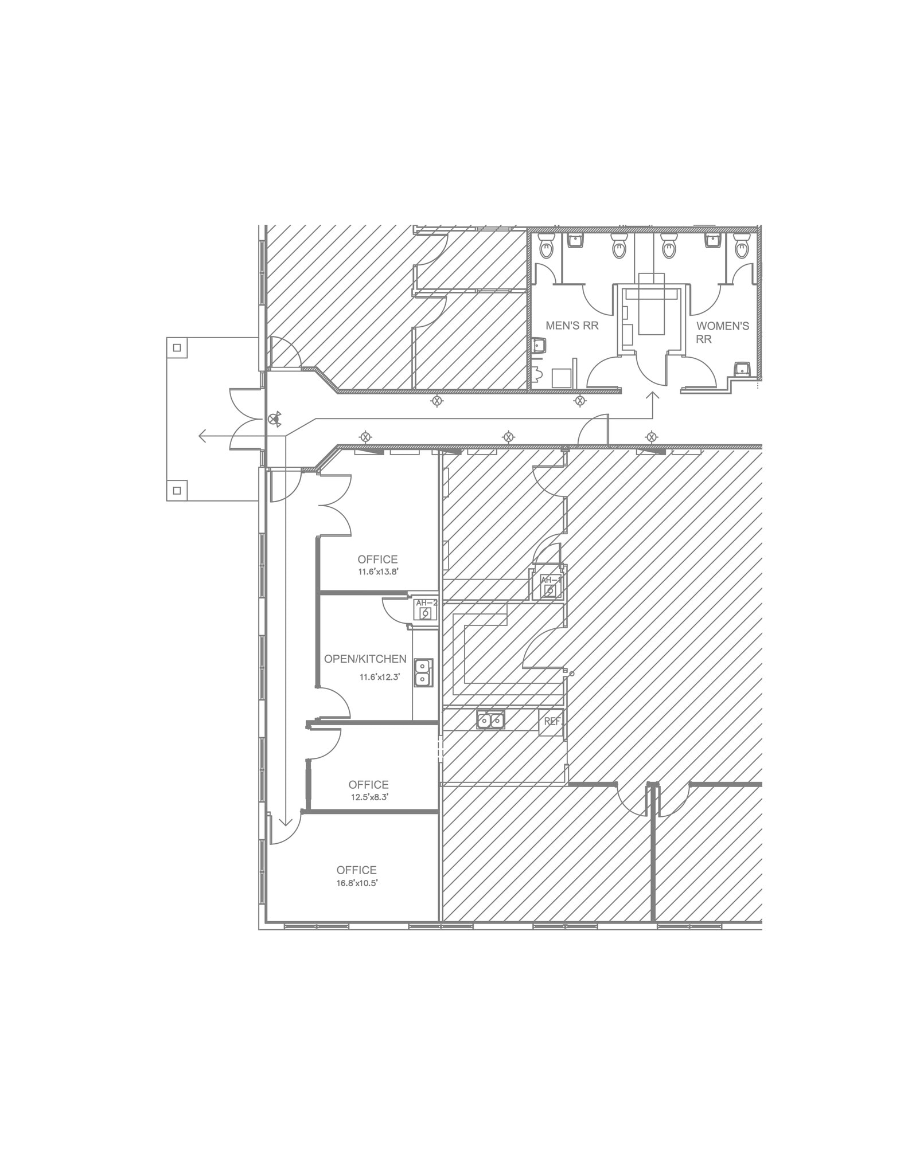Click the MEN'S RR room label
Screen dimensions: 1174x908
point(572,326)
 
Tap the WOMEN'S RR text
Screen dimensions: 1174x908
point(722,332)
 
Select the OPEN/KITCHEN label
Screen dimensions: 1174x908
point(365,659)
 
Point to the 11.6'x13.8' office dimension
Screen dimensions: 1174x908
point(378,572)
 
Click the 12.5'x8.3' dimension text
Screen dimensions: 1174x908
point(370,797)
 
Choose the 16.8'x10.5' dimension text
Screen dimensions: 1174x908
point(357,883)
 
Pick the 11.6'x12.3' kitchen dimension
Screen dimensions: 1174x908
point(379,677)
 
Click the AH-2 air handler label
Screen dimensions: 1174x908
point(426,603)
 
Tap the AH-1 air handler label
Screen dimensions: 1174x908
point(551,580)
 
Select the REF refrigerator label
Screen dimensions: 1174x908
point(552,721)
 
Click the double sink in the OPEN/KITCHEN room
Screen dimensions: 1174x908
point(423,672)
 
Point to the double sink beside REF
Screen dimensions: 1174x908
point(490,719)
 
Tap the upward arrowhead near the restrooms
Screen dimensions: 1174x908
point(652,395)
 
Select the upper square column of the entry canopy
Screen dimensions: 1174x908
point(177,348)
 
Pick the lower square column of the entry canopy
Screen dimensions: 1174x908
point(177,491)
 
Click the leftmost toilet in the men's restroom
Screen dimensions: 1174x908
point(546,248)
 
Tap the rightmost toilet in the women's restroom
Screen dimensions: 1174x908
point(742,249)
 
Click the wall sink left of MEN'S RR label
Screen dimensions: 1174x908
point(538,346)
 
